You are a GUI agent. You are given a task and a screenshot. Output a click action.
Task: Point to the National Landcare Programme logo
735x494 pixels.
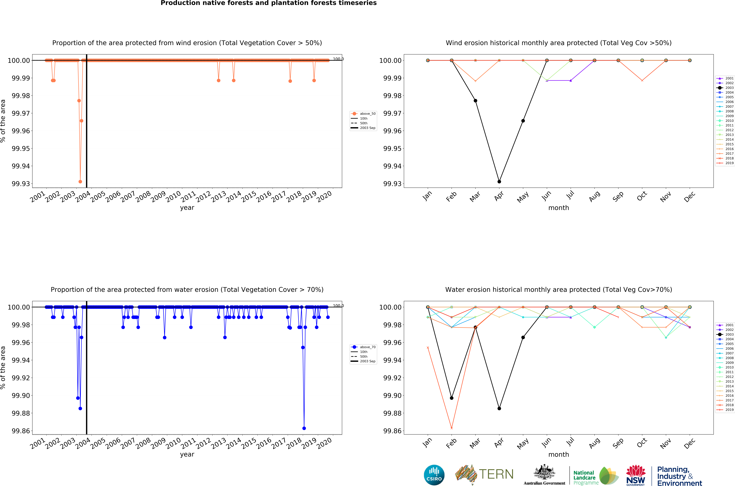click(x=595, y=476)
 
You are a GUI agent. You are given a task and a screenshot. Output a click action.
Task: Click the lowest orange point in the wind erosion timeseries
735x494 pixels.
click(x=80, y=182)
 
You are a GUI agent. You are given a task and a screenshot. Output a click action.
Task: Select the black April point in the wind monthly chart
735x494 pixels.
click(x=499, y=182)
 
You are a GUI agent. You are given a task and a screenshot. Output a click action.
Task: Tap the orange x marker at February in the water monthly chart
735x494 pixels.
click(x=452, y=428)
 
